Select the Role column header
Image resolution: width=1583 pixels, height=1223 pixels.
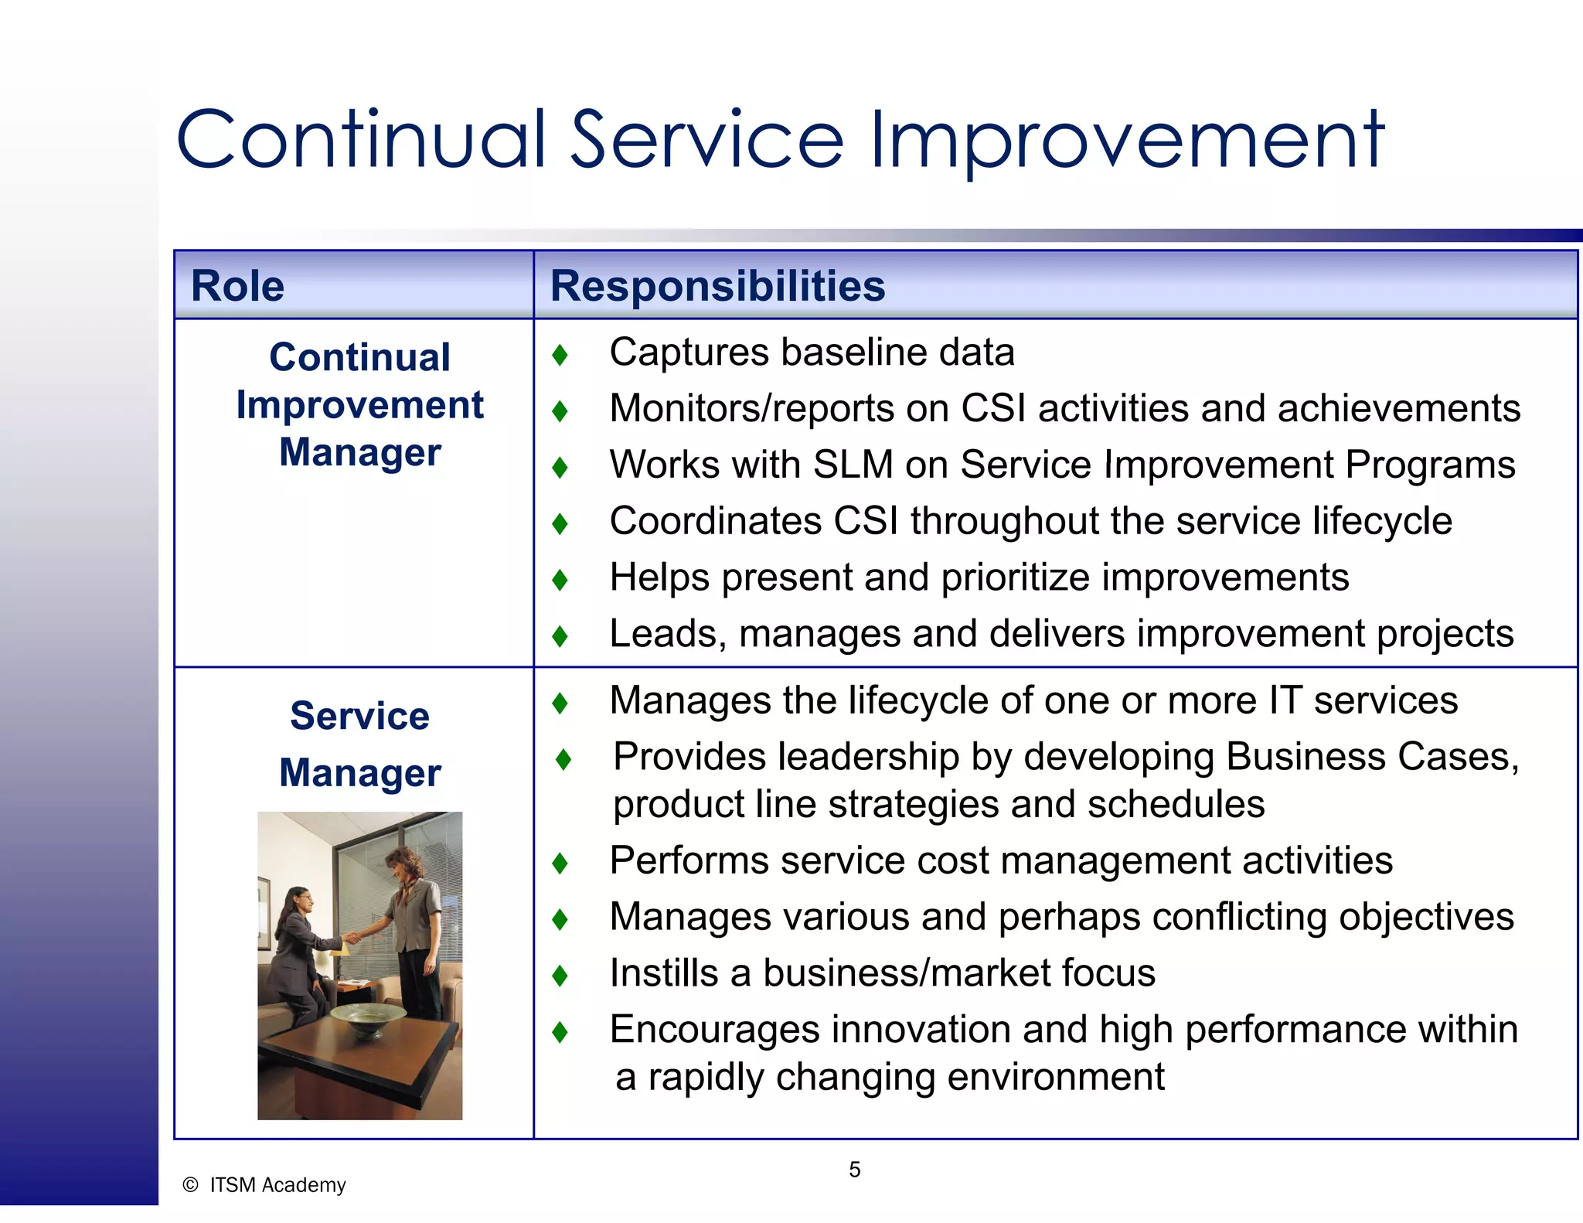tap(237, 286)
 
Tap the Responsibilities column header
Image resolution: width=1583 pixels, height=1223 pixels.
tap(717, 286)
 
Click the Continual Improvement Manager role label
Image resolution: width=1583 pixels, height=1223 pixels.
tap(360, 404)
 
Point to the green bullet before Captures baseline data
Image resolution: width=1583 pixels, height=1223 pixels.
tap(560, 355)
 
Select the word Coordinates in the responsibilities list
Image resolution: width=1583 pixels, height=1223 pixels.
tap(715, 521)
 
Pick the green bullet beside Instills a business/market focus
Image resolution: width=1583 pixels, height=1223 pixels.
tap(560, 976)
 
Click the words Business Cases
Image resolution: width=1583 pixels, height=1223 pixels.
tap(1371, 757)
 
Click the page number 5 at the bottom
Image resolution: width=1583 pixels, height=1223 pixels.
tap(854, 1170)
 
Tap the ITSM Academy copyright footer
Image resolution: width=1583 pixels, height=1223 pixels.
tap(264, 1185)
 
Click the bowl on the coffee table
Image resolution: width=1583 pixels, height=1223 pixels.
tap(368, 1017)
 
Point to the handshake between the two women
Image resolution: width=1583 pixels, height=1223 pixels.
tap(352, 937)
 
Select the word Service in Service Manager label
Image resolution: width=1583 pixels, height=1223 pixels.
tap(359, 716)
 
